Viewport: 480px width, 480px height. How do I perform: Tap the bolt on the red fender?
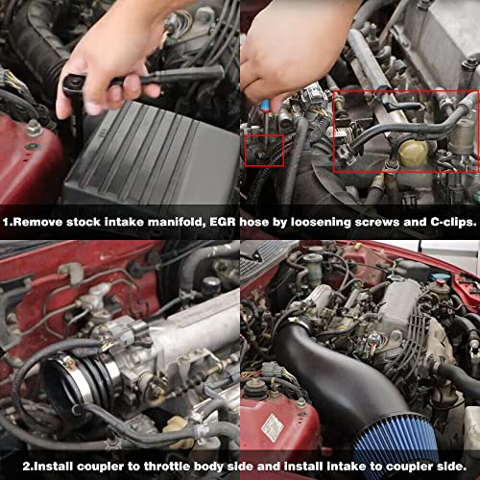coord(34,129)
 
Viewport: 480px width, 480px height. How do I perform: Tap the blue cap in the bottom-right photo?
coord(441,280)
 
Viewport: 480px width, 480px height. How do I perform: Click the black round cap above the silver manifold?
coord(210,285)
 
